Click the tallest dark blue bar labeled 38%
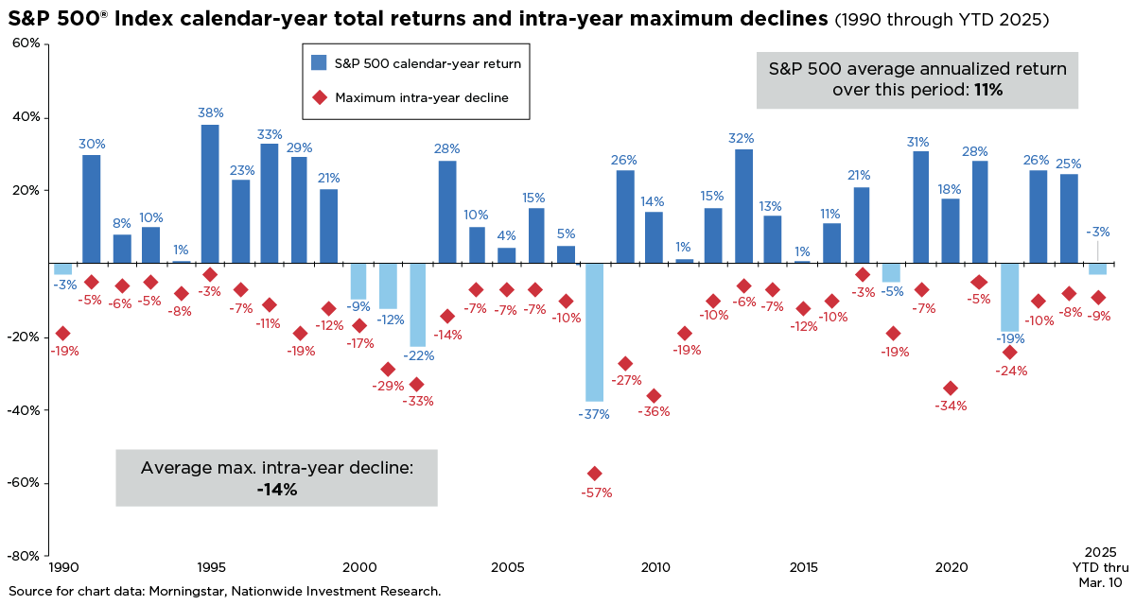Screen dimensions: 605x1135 pyautogui.click(x=210, y=194)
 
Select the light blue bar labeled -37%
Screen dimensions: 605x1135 pyautogui.click(x=594, y=332)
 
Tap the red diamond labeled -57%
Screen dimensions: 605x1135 pyautogui.click(x=594, y=474)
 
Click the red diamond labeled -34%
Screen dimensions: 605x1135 pyautogui.click(x=951, y=389)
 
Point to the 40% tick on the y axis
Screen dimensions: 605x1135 pyautogui.click(x=26, y=117)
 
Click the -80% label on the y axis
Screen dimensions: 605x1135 pyautogui.click(x=25, y=556)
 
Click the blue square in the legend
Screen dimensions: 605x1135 pyautogui.click(x=319, y=62)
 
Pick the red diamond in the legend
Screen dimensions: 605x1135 pyautogui.click(x=319, y=96)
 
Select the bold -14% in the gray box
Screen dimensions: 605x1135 pyautogui.click(x=276, y=489)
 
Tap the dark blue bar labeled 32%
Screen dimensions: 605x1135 pyautogui.click(x=743, y=206)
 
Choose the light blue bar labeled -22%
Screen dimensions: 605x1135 pyautogui.click(x=417, y=304)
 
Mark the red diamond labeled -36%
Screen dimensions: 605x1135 pyautogui.click(x=653, y=396)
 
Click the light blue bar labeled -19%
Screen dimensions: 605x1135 pyautogui.click(x=1009, y=297)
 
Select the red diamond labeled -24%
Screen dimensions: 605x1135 pyautogui.click(x=1009, y=353)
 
